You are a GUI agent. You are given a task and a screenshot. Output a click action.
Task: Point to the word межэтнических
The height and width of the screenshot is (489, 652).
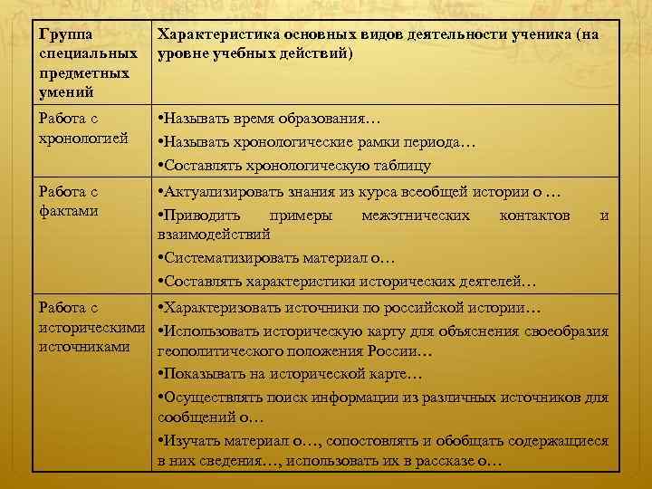(x=415, y=216)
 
